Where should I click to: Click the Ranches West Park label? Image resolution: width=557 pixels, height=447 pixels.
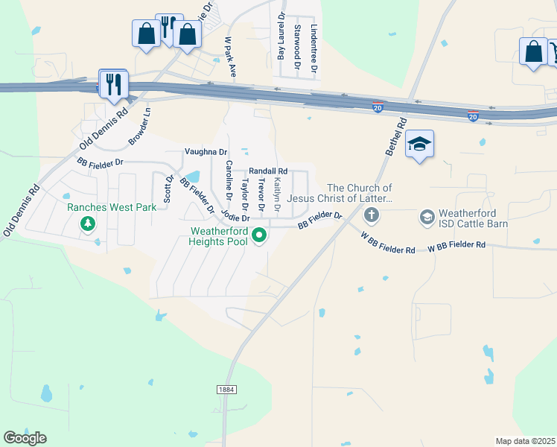[112, 207]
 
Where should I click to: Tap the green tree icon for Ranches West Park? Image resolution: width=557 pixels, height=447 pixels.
[88, 223]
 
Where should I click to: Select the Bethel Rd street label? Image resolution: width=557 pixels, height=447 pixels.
[395, 136]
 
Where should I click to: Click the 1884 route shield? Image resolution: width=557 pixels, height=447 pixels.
[227, 390]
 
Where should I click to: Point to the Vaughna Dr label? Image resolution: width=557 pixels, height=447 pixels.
[206, 151]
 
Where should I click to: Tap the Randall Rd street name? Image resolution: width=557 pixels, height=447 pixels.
[268, 171]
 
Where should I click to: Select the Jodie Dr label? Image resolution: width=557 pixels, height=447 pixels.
[235, 217]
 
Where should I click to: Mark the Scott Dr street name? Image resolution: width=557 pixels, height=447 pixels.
[168, 189]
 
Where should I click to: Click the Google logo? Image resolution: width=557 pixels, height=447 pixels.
[25, 438]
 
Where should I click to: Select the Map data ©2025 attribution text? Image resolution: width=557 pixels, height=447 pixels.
[525, 441]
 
